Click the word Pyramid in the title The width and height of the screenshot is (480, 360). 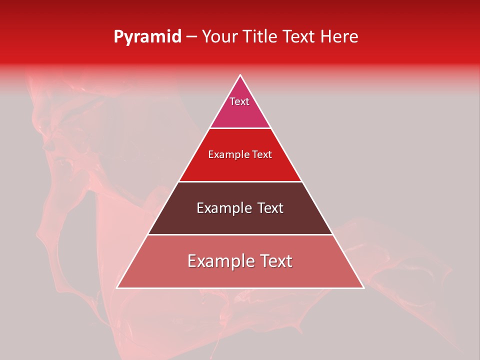(147, 37)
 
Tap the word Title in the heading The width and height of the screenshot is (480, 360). (261, 36)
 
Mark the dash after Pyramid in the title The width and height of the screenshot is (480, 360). (191, 37)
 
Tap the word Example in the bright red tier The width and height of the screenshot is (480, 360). (227, 154)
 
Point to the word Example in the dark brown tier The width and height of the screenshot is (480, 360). (223, 208)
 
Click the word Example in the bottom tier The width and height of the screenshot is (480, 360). (219, 261)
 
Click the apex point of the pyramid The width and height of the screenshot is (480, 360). (240, 75)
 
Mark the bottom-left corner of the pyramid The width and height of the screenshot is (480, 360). (117, 287)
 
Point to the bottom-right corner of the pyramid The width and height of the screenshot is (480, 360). (363, 287)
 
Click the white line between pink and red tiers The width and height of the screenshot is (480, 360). (240, 128)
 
